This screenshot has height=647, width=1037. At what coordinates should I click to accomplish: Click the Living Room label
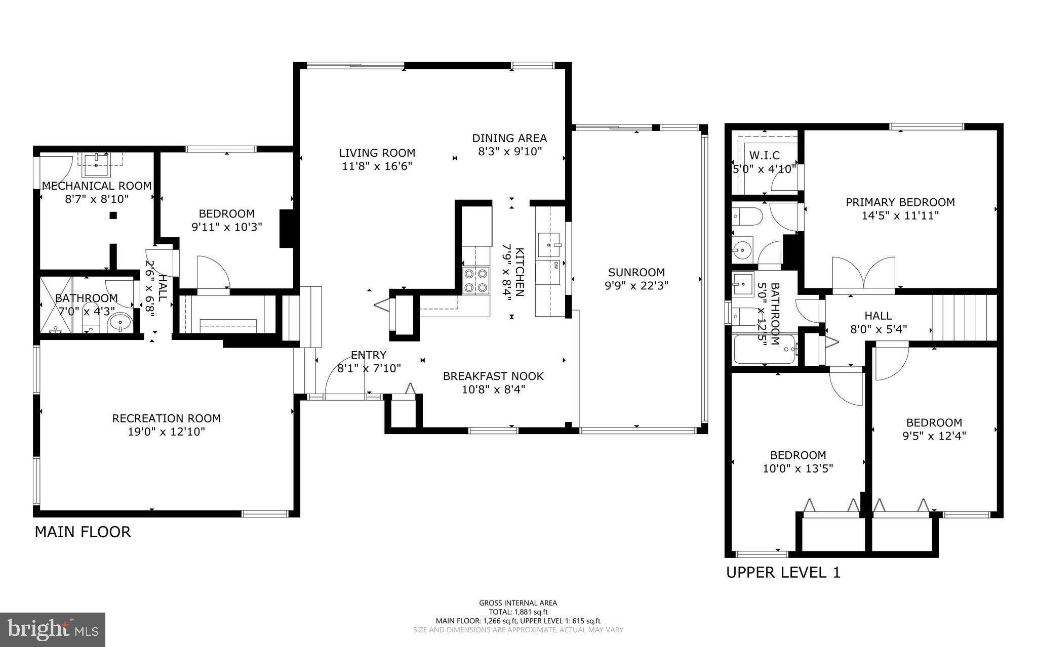click(x=377, y=153)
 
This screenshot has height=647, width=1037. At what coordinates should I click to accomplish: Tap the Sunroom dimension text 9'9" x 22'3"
click(x=636, y=285)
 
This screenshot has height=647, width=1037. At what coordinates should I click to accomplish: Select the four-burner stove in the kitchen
click(x=476, y=280)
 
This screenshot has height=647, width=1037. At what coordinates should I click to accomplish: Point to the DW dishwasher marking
click(x=556, y=265)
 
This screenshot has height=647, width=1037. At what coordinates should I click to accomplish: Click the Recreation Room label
click(x=166, y=419)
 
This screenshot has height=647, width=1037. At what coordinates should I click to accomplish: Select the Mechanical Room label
click(x=97, y=186)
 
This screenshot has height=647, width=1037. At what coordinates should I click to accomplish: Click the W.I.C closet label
click(x=764, y=155)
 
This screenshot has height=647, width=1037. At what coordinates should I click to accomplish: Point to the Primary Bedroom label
click(x=900, y=202)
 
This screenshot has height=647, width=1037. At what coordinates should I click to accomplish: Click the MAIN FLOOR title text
click(x=83, y=532)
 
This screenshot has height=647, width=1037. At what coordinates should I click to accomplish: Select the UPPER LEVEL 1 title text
click(x=783, y=573)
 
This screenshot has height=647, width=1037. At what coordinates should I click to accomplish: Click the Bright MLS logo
click(x=53, y=630)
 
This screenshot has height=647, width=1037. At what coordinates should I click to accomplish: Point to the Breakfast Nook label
click(x=493, y=376)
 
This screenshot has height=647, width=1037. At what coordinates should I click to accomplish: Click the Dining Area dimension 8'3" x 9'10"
click(x=510, y=151)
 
